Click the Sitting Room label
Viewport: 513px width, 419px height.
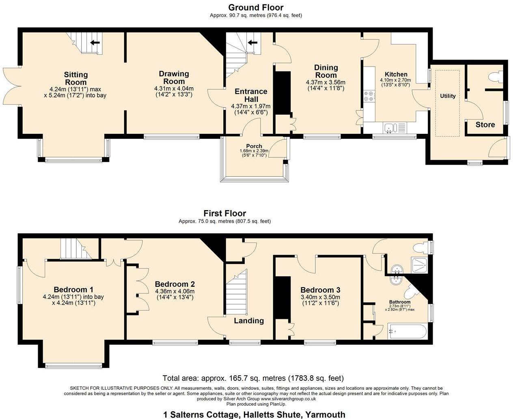pyautogui.click(x=76, y=78)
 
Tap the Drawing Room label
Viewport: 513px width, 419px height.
pyautogui.click(x=174, y=77)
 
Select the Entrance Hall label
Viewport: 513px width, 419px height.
pyautogui.click(x=250, y=95)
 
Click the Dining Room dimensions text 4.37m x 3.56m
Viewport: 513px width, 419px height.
pyautogui.click(x=325, y=82)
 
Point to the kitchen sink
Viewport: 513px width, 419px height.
pyautogui.click(x=390, y=128)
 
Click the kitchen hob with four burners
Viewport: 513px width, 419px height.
pyautogui.click(x=369, y=96)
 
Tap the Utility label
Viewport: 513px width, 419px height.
pyautogui.click(x=448, y=96)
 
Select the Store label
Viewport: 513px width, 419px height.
pyautogui.click(x=485, y=125)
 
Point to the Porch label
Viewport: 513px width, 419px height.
pyautogui.click(x=254, y=146)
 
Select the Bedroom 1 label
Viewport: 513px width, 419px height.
pyautogui.click(x=73, y=290)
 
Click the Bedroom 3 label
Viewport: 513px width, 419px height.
pyautogui.click(x=320, y=290)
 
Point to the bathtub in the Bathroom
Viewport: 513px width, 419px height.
pyautogui.click(x=407, y=331)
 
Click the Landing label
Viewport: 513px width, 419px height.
pyautogui.click(x=249, y=321)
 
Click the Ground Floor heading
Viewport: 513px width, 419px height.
pyautogui.click(x=256, y=7)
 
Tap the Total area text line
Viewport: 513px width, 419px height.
pyautogui.click(x=253, y=378)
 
